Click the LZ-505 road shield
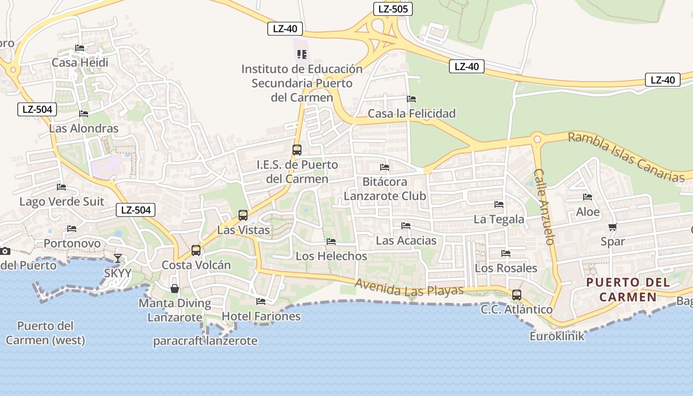[x=393, y=8]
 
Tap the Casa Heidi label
[x=80, y=63]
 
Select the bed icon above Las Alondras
[x=84, y=114]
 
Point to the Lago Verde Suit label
[x=62, y=201]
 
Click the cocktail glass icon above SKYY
[x=118, y=258]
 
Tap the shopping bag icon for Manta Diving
[x=175, y=288]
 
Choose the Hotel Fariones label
[x=261, y=316]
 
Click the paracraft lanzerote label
[x=205, y=341]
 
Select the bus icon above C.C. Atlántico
[x=517, y=295]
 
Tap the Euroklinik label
[x=557, y=336]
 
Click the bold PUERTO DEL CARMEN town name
[x=628, y=290]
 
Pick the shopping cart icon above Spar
[x=613, y=227]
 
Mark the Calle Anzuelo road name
[x=543, y=207]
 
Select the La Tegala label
[x=499, y=219]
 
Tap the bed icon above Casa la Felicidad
[x=411, y=99]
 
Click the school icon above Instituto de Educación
[x=302, y=54]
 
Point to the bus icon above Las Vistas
[x=243, y=215]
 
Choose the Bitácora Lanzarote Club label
[x=385, y=189]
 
